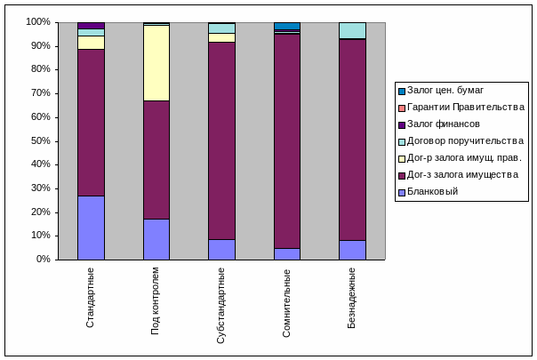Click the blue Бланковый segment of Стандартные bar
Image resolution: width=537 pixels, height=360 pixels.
(x=91, y=228)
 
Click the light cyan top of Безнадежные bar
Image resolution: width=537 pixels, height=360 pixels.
(x=352, y=30)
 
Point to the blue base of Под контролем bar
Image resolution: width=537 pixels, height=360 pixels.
(x=156, y=239)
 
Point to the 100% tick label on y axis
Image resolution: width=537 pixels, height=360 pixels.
(x=37, y=21)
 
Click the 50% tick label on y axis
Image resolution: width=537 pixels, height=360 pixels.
(x=40, y=140)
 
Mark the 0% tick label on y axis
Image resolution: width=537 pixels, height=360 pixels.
(x=43, y=260)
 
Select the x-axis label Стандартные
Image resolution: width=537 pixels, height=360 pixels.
(x=91, y=297)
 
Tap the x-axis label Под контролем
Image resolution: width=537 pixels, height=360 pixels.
(x=156, y=300)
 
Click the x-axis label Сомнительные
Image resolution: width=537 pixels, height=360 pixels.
(x=286, y=300)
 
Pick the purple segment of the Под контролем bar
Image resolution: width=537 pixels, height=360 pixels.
(x=156, y=160)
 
